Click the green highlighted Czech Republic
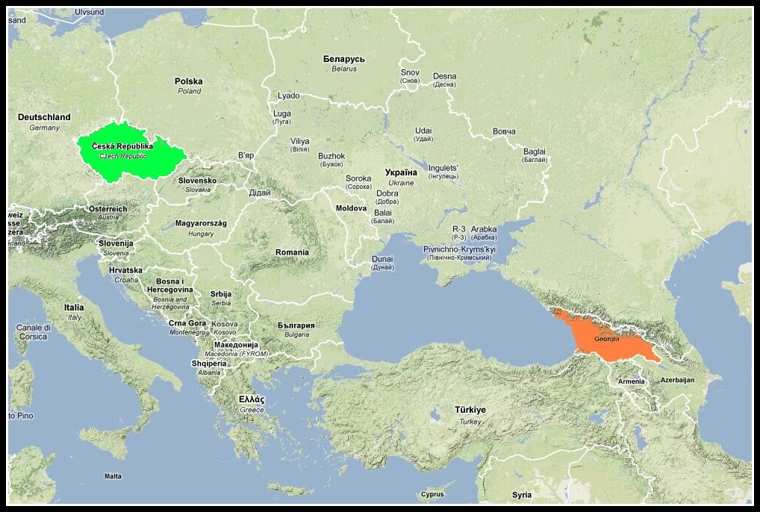pos(127,153)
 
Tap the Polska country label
pos(188,81)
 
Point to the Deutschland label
pos(44,117)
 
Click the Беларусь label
pos(343,58)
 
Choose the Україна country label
pos(401,172)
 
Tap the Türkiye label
pos(470,410)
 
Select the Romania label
pos(292,252)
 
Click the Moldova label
pos(352,208)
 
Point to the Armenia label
pos(631,382)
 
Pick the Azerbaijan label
pos(677,380)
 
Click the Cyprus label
pos(432,494)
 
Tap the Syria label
pos(522,495)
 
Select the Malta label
pos(113,476)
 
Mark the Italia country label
pos(74,307)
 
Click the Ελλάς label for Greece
pos(252,399)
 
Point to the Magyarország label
pos(201,223)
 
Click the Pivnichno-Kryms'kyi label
pos(459,249)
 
